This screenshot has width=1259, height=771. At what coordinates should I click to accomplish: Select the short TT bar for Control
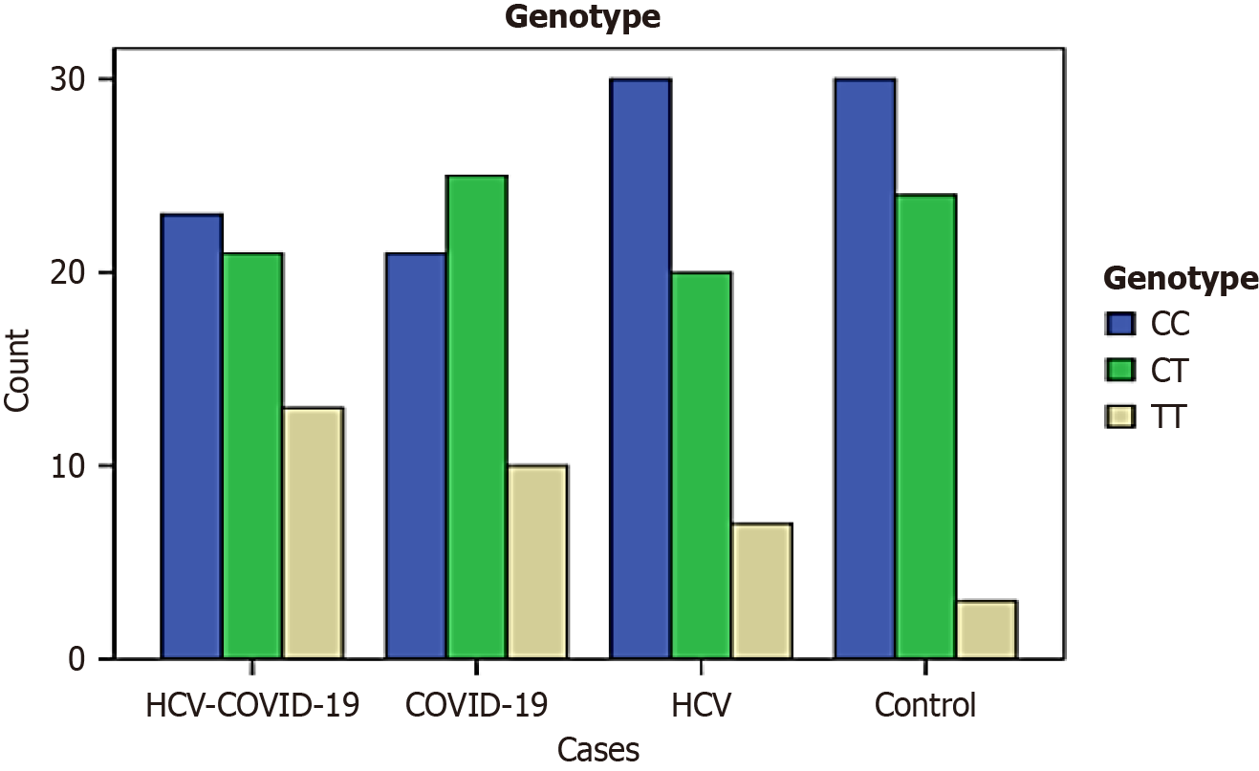click(987, 630)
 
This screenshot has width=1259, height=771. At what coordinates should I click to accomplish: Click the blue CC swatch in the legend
click(1120, 325)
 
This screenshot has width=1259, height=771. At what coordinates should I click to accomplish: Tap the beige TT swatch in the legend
click(1120, 417)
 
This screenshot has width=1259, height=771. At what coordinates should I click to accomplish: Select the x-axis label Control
click(925, 706)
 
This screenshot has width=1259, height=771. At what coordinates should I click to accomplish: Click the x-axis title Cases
click(598, 750)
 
